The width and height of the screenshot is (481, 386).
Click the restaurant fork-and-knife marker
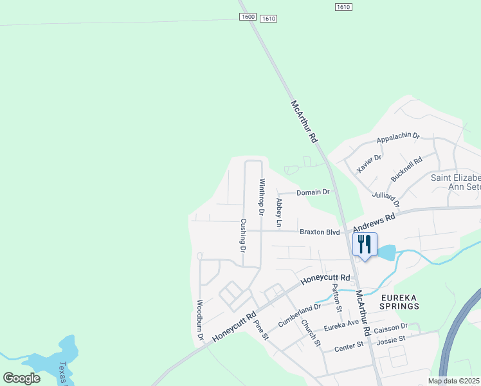(364, 244)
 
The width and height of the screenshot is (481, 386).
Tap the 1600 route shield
(248, 16)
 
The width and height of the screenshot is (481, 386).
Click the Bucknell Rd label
(406, 170)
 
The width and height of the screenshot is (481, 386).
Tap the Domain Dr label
(313, 192)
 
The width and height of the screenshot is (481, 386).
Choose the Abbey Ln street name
(279, 213)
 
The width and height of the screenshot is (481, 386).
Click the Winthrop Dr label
(262, 196)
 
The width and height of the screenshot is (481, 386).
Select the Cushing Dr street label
(243, 235)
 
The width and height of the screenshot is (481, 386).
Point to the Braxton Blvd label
(319, 232)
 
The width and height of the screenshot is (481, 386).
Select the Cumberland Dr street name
(298, 313)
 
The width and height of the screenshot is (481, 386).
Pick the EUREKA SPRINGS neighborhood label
(400, 302)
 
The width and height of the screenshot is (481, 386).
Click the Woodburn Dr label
(200, 320)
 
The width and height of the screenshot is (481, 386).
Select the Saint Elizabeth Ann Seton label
(455, 182)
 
